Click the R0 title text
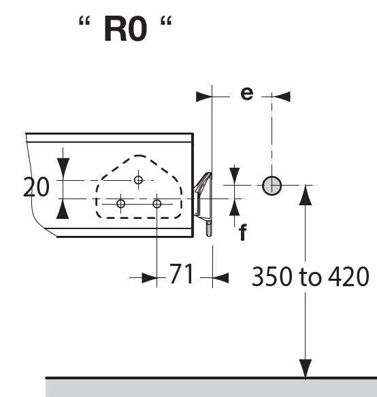pos(125,29)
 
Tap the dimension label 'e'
pos(247,93)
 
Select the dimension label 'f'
pos(243,232)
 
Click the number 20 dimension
pos(36,187)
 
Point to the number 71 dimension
pos(181,274)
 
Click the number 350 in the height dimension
pos(272,277)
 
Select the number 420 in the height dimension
pos(348,277)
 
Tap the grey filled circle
pos(272,186)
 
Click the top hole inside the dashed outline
pos(138,180)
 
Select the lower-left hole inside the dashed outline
pos(120,203)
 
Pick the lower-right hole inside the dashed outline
pos(157,203)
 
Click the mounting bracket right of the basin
pos(203,204)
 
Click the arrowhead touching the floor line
pos(306,368)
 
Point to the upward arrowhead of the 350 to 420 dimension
pos(306,195)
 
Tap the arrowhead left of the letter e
pos(204,97)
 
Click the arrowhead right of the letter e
pos(281,97)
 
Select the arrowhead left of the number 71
pos(150,278)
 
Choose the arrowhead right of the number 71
pos(220,278)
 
